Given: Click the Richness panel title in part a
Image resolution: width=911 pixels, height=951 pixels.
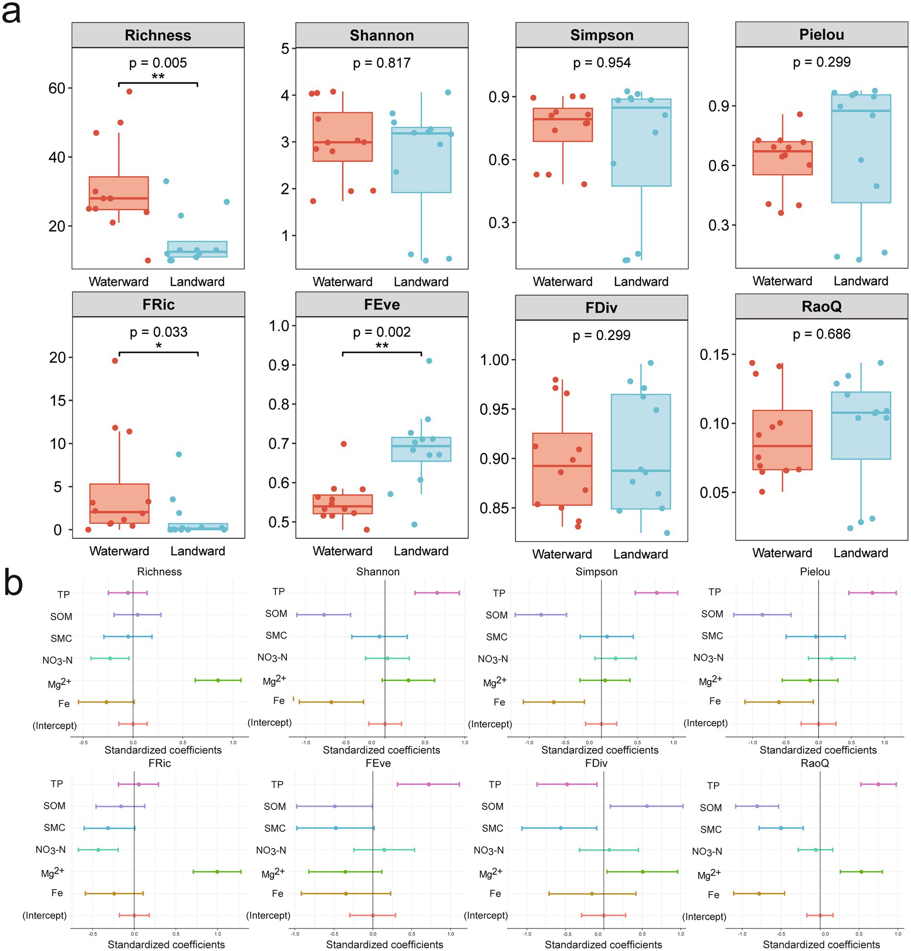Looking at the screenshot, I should coord(158,35).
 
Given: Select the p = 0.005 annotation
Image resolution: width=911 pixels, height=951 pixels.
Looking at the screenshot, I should coord(158,63).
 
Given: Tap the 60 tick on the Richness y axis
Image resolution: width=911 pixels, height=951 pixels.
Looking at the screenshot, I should coord(57,88).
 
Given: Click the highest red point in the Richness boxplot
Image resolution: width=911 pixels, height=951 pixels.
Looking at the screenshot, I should coord(129,91).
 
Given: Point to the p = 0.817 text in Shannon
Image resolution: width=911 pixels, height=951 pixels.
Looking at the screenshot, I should coord(381,63).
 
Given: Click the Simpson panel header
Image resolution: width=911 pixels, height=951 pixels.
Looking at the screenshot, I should coord(602,35).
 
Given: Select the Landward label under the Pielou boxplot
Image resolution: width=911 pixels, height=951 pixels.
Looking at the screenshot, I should coord(861,281).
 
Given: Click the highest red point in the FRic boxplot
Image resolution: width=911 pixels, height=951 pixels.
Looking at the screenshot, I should coord(115,361).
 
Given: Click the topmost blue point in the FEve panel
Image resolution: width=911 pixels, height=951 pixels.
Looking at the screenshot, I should coord(429,361).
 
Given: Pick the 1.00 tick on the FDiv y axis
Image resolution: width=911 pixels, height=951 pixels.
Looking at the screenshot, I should coord(494,360).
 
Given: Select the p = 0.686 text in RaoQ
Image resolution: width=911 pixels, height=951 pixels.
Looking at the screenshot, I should coord(821,334).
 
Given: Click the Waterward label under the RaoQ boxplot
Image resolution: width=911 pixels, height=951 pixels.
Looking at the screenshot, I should coord(782,553).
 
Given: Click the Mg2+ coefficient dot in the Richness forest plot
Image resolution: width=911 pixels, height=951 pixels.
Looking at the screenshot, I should coord(218,680).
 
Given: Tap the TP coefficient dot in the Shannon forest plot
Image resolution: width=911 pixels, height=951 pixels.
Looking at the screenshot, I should coord(437,593).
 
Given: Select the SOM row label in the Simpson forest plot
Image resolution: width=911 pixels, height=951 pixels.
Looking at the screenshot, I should coord(497,615).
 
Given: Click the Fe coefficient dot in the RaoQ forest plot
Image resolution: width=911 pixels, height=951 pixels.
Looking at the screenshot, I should coord(759,894).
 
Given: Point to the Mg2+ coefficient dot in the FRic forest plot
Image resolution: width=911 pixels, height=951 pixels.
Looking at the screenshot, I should coord(217,872).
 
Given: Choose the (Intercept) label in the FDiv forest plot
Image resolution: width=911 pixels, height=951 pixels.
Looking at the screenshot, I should coord(485,916).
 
